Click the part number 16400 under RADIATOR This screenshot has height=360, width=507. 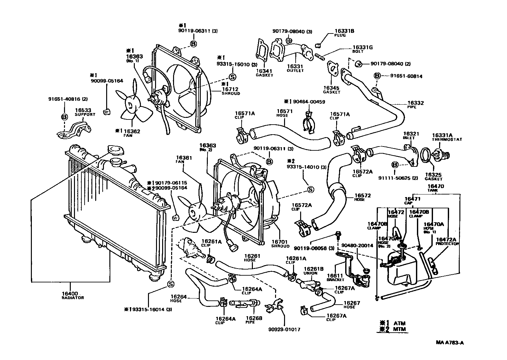pos(70,294)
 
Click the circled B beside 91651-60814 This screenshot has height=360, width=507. pos(377,76)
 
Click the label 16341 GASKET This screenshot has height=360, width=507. pos(264,71)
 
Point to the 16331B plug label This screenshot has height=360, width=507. pos(344,31)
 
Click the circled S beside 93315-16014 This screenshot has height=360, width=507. pos(171,284)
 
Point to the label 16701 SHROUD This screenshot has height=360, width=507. pos(280,242)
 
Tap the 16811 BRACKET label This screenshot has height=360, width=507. pos(335,276)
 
